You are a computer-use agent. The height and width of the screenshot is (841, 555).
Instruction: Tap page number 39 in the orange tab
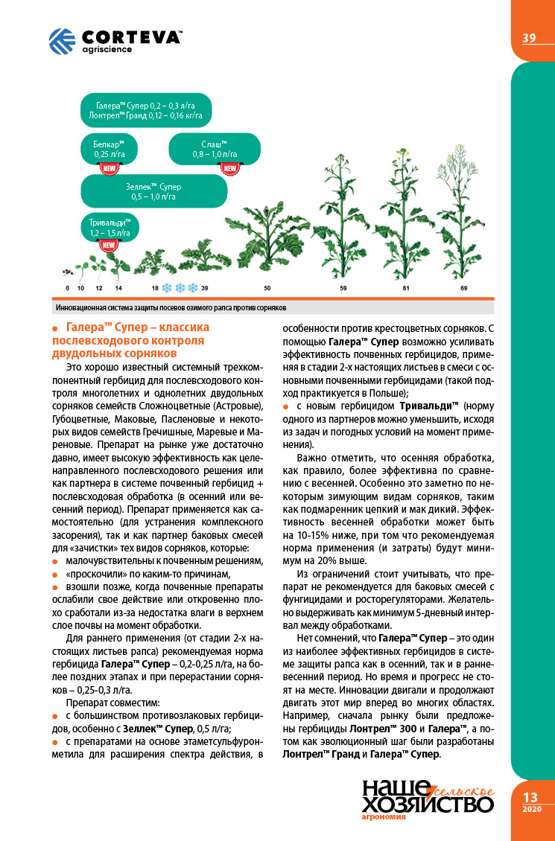click(x=529, y=39)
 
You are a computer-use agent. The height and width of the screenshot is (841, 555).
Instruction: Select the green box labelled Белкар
click(x=108, y=149)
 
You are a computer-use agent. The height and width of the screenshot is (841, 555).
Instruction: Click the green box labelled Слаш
click(x=215, y=149)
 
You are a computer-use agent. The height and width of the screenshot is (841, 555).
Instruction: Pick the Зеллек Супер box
click(x=153, y=191)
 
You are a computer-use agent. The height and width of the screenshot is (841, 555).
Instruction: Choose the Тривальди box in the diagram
click(x=110, y=227)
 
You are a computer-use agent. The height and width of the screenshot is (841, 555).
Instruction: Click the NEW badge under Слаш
click(x=230, y=167)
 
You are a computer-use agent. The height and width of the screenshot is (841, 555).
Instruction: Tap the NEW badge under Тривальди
click(x=109, y=245)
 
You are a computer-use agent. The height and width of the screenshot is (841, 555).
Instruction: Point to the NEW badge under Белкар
click(x=108, y=167)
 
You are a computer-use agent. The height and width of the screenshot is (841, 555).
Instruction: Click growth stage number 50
click(x=267, y=287)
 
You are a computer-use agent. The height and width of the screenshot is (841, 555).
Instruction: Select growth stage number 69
click(x=463, y=287)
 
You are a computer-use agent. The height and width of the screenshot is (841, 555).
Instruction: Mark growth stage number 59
click(x=343, y=287)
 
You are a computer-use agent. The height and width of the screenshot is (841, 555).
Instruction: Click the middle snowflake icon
click(x=180, y=287)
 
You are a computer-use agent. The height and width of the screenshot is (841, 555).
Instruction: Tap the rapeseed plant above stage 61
click(x=406, y=216)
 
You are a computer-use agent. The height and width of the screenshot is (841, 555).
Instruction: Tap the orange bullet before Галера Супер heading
click(x=56, y=327)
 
